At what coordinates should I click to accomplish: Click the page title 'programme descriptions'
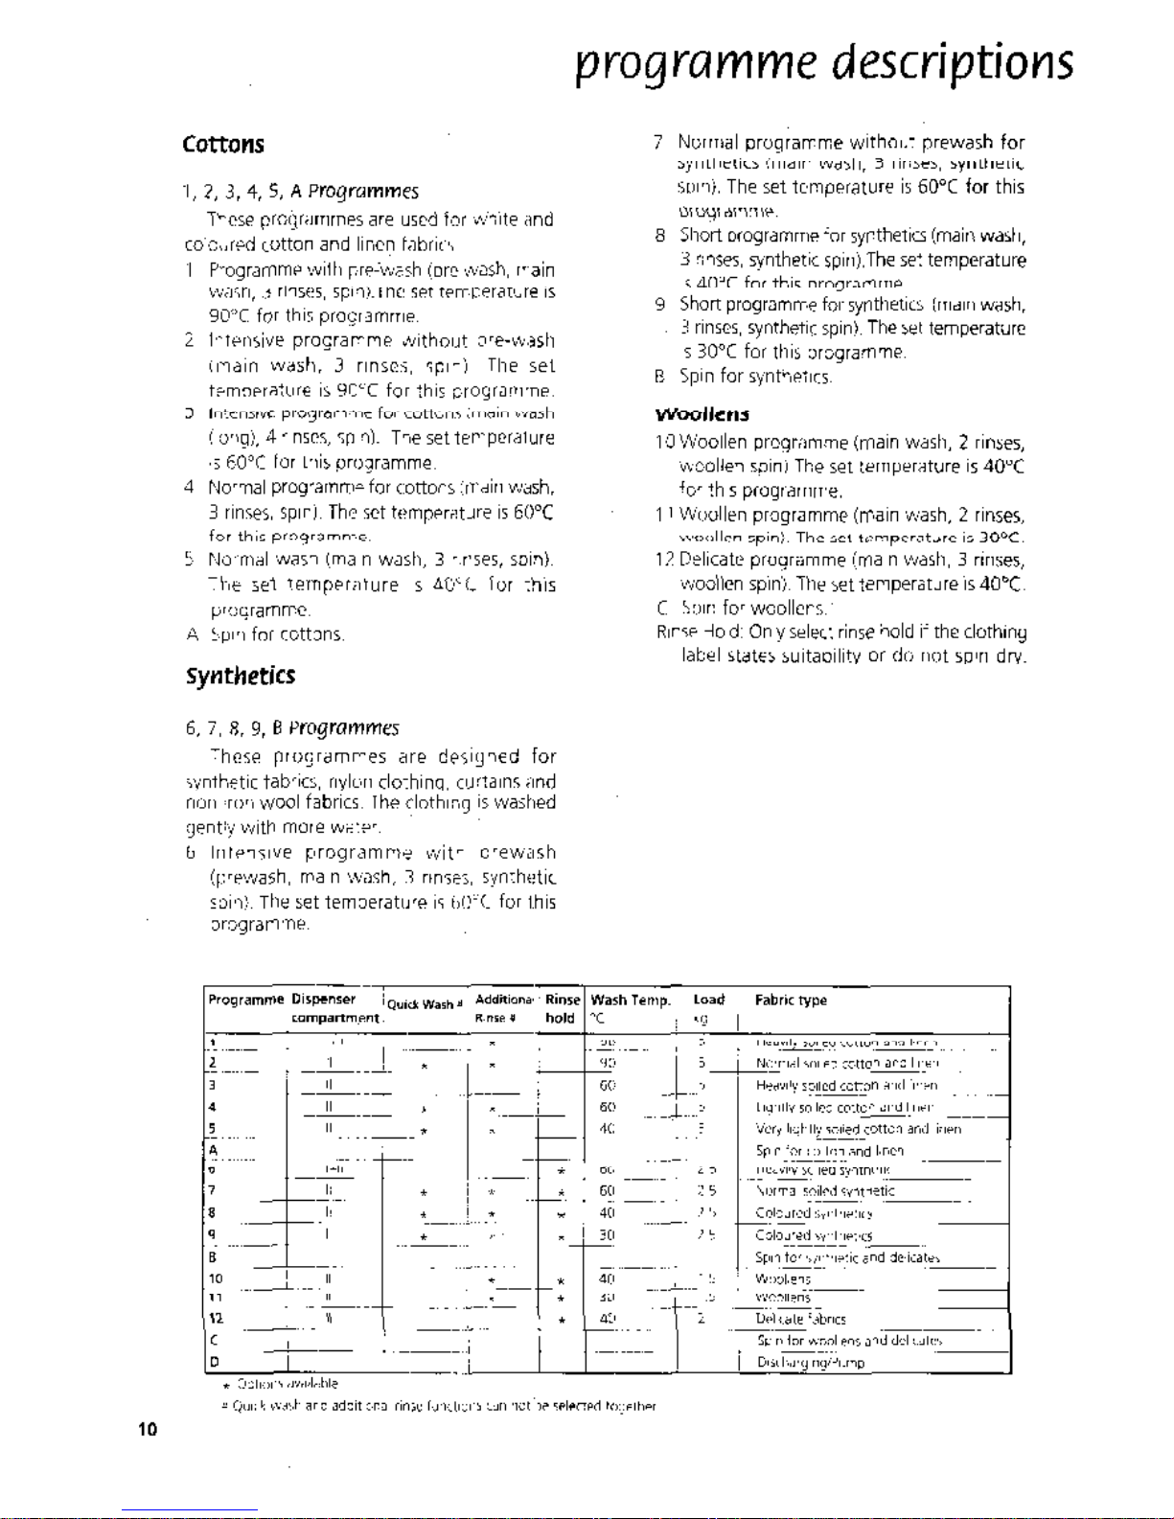click(x=824, y=63)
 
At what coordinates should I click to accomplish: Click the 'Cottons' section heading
click(x=223, y=145)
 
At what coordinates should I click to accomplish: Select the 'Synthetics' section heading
click(x=241, y=676)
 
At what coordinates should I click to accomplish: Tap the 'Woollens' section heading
click(x=702, y=415)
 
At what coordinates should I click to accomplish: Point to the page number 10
click(x=148, y=1430)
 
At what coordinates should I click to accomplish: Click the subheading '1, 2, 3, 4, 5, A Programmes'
click(x=301, y=192)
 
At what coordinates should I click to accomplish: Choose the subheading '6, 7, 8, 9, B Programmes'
click(x=292, y=728)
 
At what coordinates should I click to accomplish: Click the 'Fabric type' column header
click(x=791, y=1001)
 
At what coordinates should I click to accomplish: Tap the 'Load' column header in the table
click(x=709, y=1000)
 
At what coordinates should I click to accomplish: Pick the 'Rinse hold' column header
click(x=562, y=1009)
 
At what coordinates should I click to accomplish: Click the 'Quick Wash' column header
click(x=425, y=1004)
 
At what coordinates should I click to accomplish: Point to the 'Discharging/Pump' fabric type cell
click(x=811, y=1363)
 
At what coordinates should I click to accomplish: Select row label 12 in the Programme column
click(x=216, y=1319)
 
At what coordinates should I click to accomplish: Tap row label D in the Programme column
click(x=214, y=1362)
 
